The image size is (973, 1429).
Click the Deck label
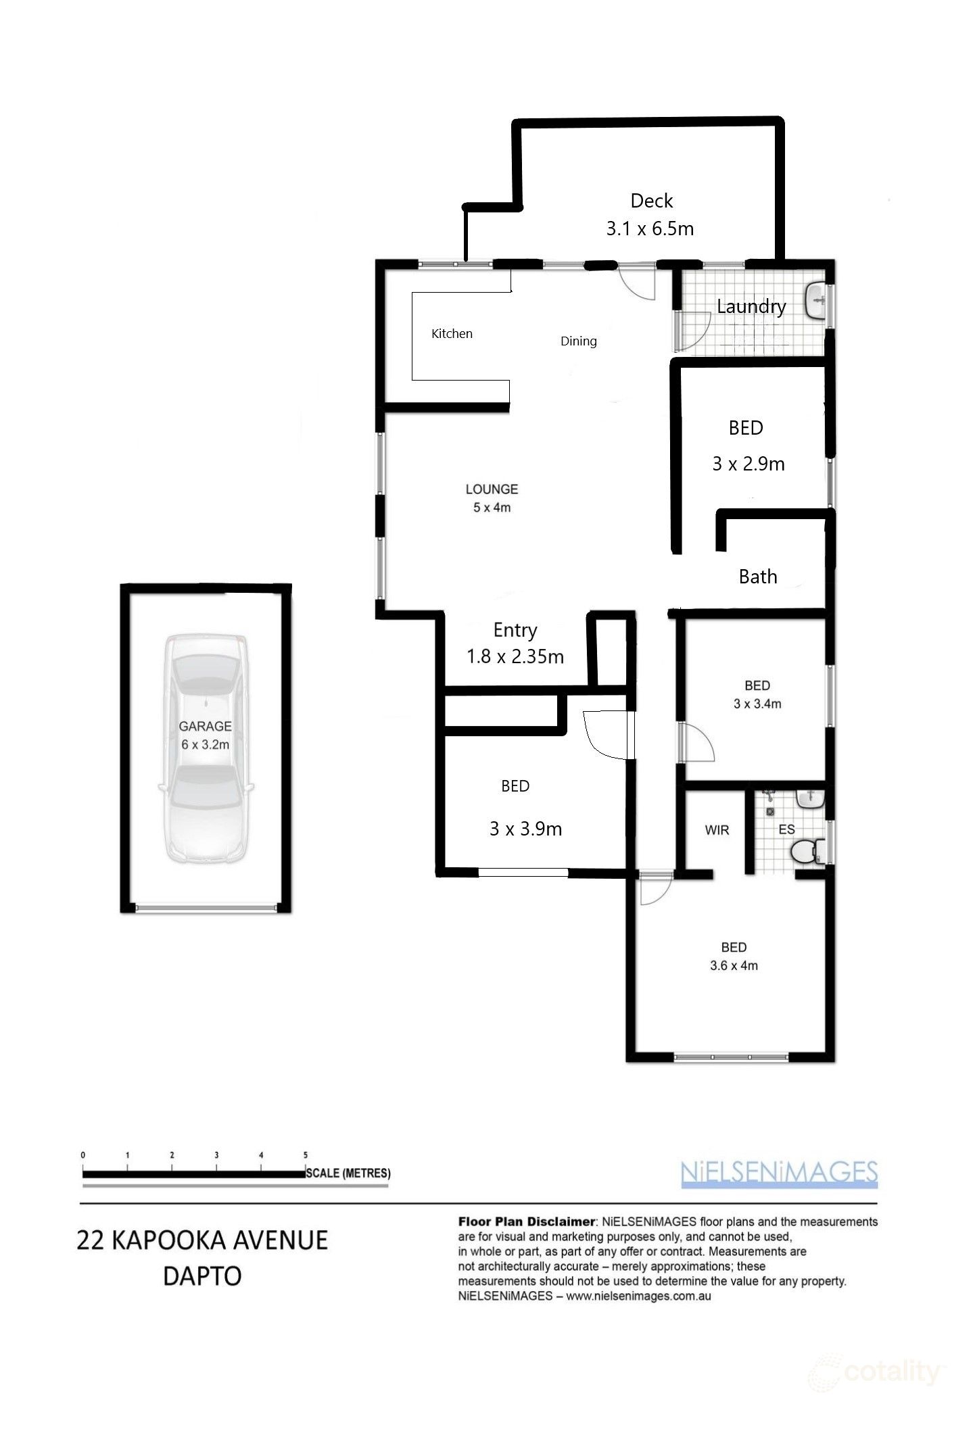(651, 201)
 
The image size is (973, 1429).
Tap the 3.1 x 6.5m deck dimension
(650, 228)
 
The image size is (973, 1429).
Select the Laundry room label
(751, 306)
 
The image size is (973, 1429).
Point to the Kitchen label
(452, 333)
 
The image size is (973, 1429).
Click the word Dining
(578, 341)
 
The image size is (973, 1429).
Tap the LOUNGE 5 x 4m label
(492, 498)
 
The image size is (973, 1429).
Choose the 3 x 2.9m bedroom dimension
(748, 464)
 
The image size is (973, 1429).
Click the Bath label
(757, 577)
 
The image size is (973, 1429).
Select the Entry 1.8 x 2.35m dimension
(515, 656)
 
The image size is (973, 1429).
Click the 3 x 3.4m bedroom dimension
(757, 704)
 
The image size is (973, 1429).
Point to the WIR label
(717, 830)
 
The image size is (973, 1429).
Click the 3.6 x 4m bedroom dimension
(734, 966)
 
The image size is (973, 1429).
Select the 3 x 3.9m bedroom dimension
(525, 829)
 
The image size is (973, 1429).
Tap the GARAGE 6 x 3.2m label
(205, 735)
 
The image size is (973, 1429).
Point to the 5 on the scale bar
(306, 1155)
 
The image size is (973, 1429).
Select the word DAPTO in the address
(202, 1277)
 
